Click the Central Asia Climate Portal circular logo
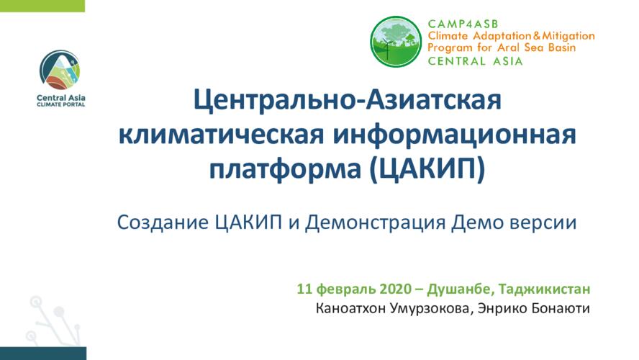(x=60, y=70)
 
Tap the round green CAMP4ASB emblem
(x=396, y=42)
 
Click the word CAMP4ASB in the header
(x=463, y=24)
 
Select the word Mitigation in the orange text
(x=570, y=36)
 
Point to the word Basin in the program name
(x=561, y=48)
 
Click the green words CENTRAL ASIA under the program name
(x=475, y=61)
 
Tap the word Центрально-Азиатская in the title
(x=348, y=101)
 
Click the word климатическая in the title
(x=222, y=135)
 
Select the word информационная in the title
(x=454, y=135)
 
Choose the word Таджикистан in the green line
(x=545, y=289)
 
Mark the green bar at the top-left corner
(x=42, y=6)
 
